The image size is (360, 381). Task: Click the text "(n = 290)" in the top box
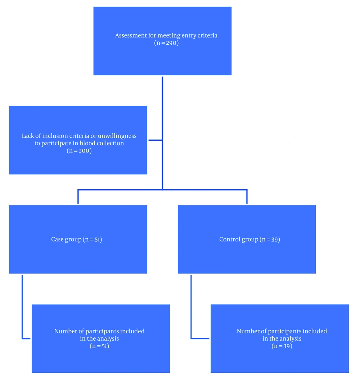coord(166,43)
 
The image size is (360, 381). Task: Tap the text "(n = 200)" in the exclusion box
coord(79,151)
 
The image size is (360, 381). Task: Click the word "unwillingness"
coord(117,136)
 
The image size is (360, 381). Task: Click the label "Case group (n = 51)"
coord(76,239)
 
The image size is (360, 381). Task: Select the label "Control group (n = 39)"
coord(249,239)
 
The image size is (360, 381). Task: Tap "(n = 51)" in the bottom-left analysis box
coord(99,346)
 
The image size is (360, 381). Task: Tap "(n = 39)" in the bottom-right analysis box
coord(282,346)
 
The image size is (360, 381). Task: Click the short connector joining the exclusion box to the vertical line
coord(156,140)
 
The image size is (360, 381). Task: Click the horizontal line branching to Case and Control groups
coord(162,190)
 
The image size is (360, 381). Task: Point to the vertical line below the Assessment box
coord(162,133)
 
